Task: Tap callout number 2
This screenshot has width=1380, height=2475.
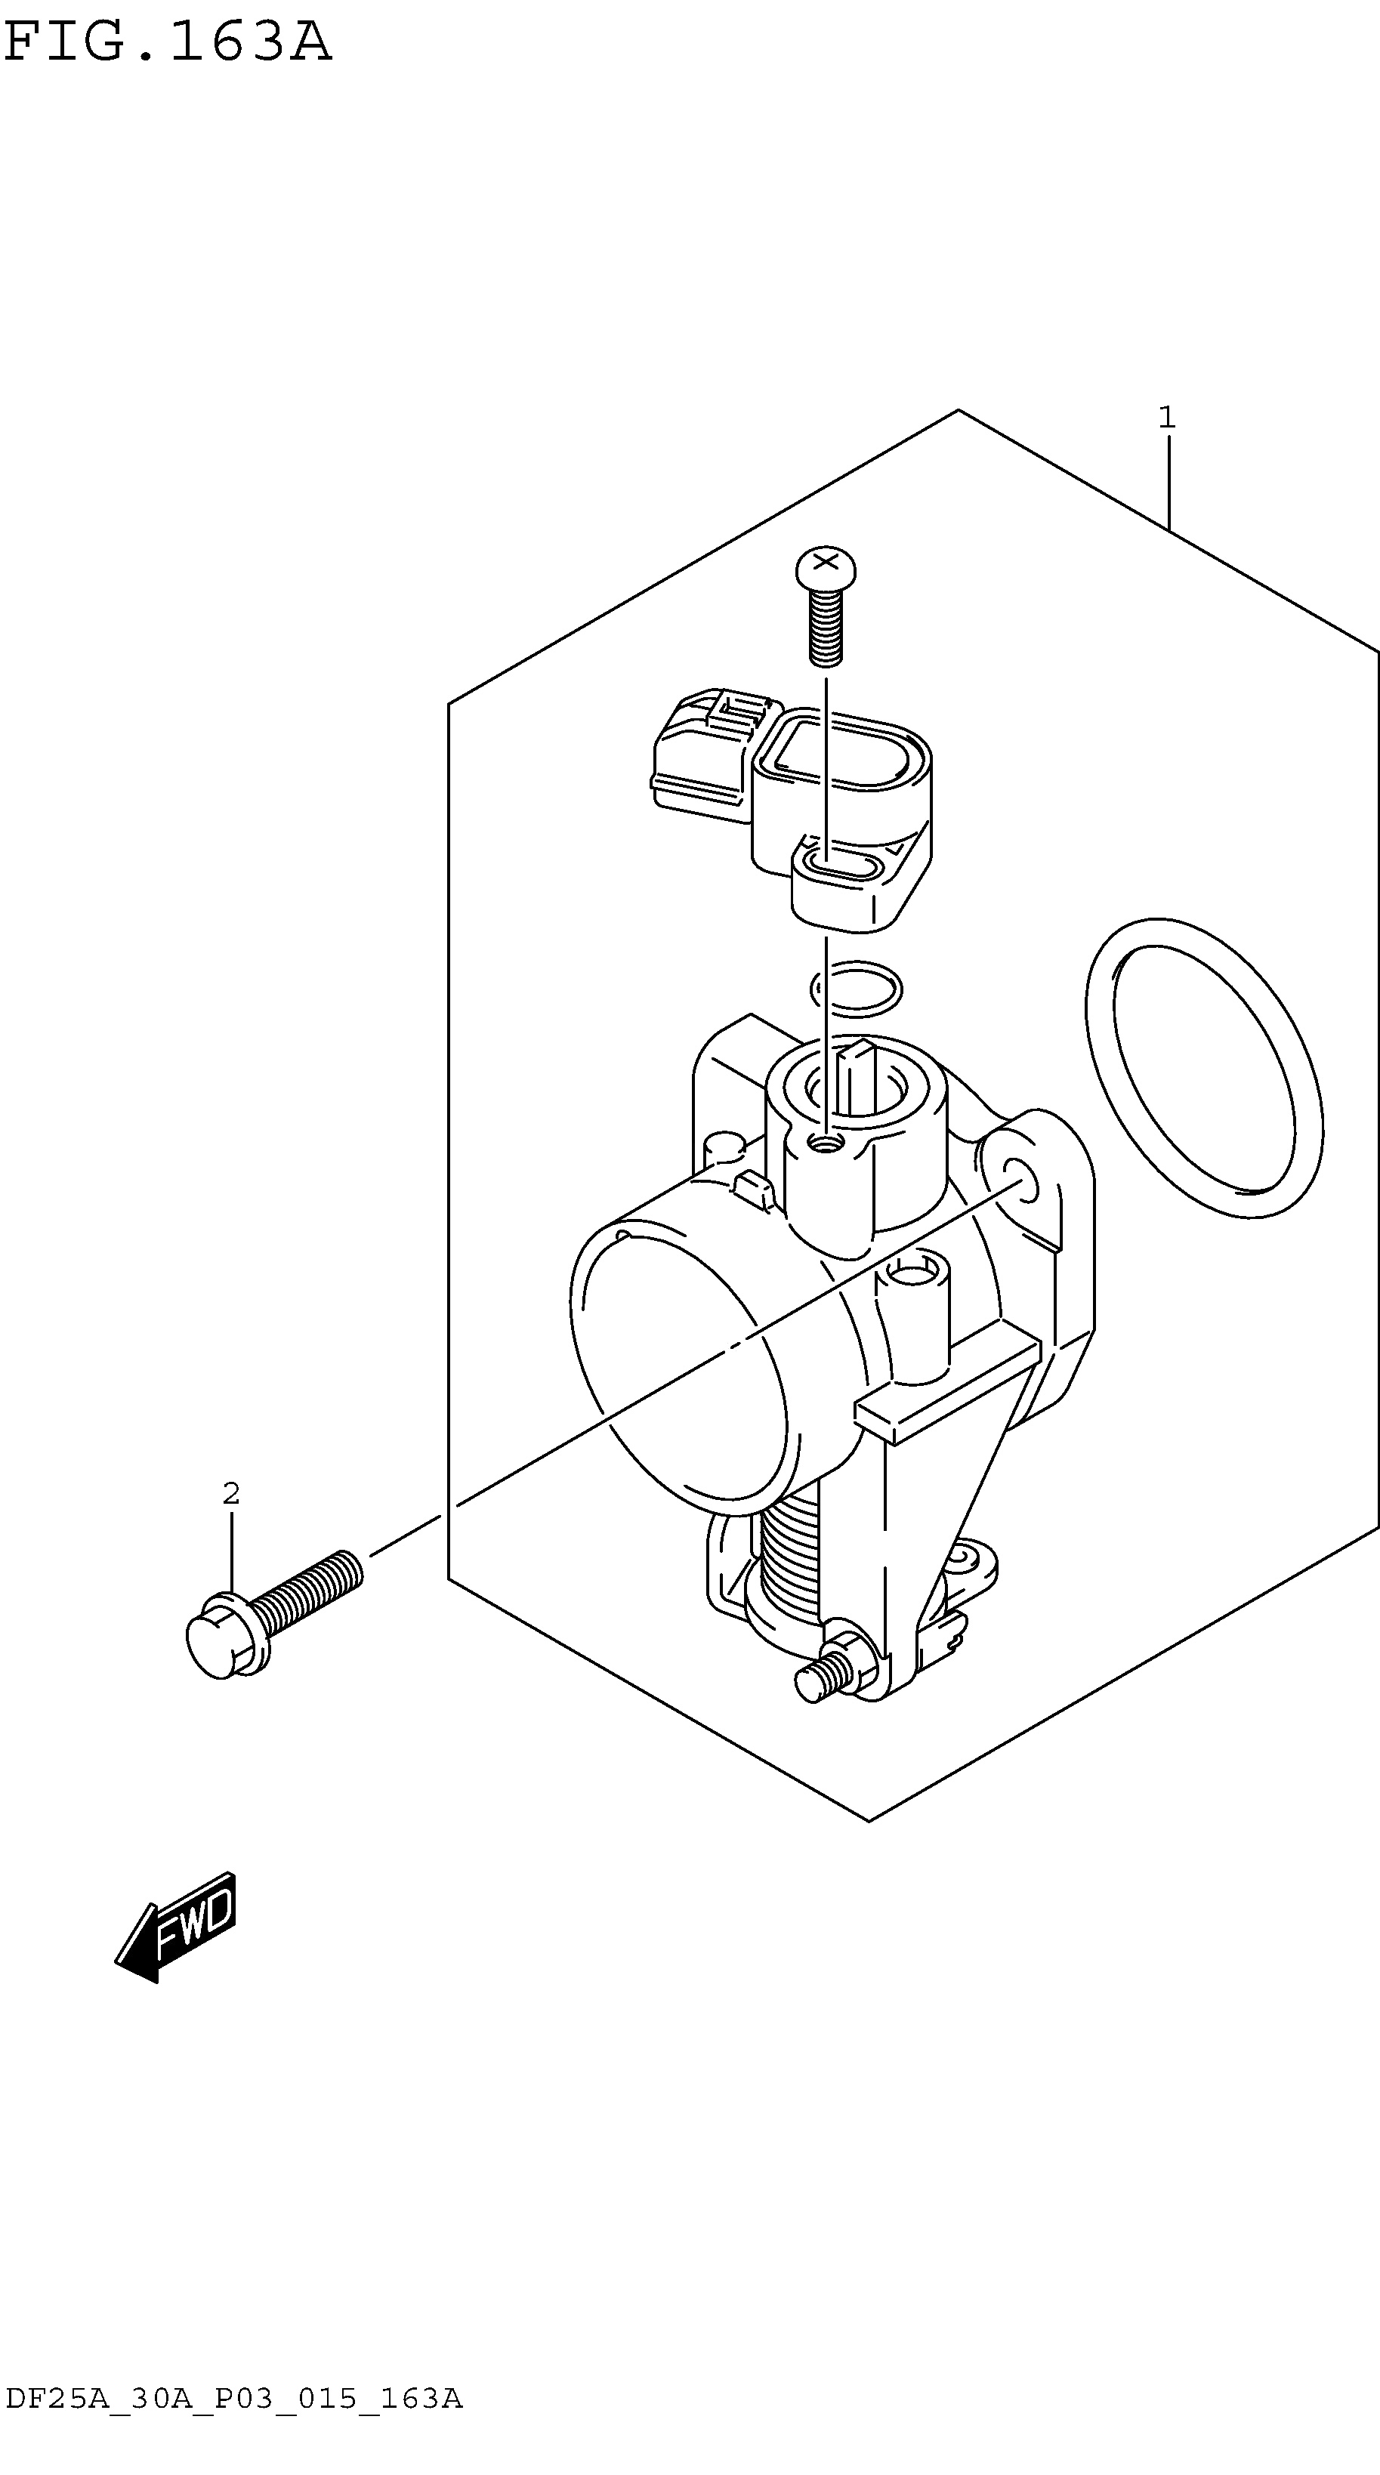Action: coord(230,1493)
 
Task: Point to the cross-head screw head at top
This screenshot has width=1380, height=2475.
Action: coord(826,568)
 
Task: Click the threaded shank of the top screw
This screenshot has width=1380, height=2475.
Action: coord(826,628)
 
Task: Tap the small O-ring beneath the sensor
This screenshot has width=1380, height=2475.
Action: coord(857,988)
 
